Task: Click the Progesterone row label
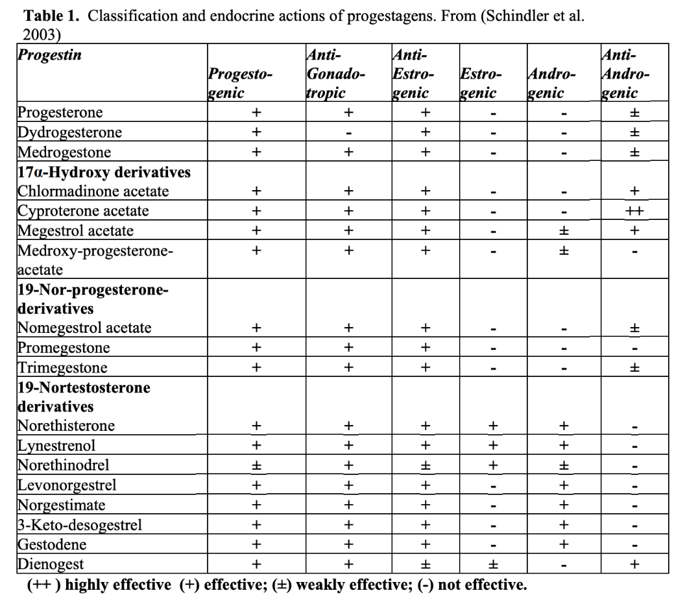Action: pyautogui.click(x=60, y=112)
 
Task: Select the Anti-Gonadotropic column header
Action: pyautogui.click(x=335, y=74)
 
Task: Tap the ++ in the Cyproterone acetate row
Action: pyautogui.click(x=635, y=211)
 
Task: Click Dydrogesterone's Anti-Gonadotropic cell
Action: pyautogui.click(x=348, y=133)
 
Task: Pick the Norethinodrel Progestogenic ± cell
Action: pyautogui.click(x=256, y=465)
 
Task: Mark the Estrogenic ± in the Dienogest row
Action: pyautogui.click(x=493, y=564)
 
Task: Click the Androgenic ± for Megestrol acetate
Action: pyautogui.click(x=564, y=230)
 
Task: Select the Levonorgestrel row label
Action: pyautogui.click(x=67, y=485)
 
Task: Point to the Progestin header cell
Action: pyautogui.click(x=49, y=55)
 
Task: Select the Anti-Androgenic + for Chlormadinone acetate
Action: pyautogui.click(x=635, y=191)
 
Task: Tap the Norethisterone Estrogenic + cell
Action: pyautogui.click(x=493, y=426)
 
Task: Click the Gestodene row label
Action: pyautogui.click(x=51, y=544)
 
